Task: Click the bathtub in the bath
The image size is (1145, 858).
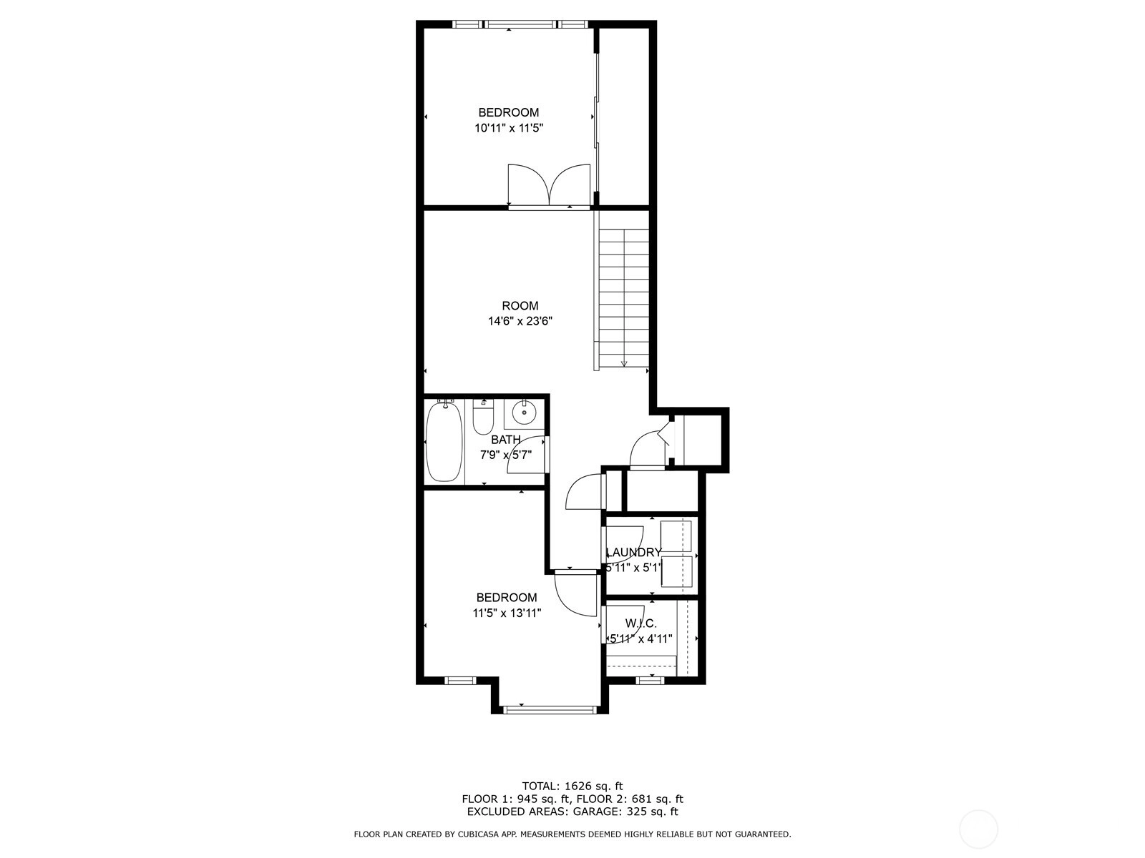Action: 444,441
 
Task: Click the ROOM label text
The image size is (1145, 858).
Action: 520,306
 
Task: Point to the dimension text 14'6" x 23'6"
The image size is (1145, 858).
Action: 520,322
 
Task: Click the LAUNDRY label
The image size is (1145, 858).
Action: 634,552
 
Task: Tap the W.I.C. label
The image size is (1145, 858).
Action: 640,623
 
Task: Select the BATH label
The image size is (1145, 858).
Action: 505,440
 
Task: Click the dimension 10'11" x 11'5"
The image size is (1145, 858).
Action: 509,128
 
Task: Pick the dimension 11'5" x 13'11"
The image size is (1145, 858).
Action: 507,613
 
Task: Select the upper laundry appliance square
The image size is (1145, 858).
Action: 676,536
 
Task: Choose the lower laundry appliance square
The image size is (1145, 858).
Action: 676,571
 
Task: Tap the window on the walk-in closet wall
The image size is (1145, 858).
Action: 650,680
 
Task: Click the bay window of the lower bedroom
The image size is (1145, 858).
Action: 550,709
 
